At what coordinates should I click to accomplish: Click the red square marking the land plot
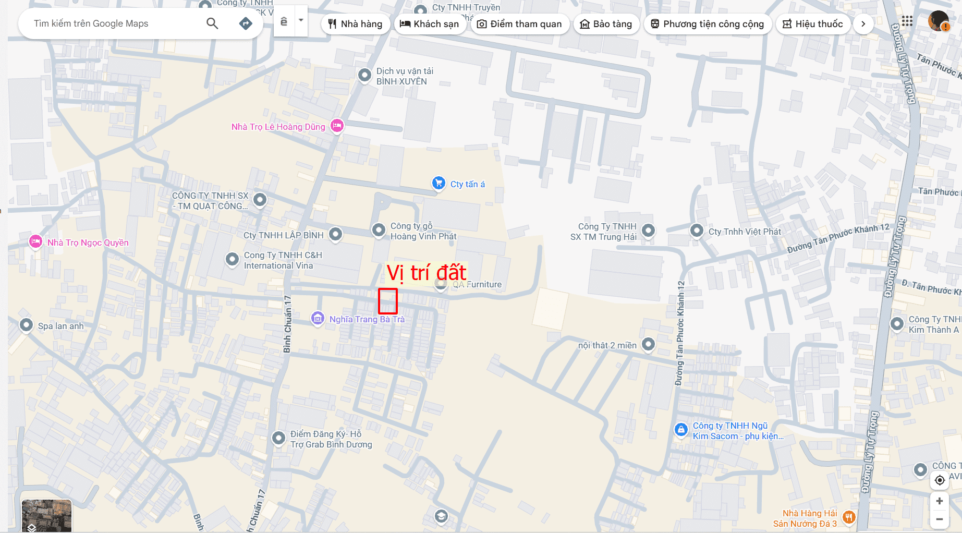tap(387, 301)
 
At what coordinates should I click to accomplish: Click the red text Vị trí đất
tap(426, 273)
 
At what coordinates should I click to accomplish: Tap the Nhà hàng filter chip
tap(356, 24)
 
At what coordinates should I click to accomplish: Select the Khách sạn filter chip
tap(430, 24)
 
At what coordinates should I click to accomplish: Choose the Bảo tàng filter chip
tap(606, 24)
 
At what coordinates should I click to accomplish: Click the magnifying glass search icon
tap(212, 23)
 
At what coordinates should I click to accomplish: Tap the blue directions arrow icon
tap(246, 23)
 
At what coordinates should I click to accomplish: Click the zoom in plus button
tap(939, 501)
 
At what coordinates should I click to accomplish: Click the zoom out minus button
tap(939, 519)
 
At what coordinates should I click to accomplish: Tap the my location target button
tap(940, 480)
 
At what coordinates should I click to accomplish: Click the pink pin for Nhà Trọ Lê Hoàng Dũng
tap(337, 126)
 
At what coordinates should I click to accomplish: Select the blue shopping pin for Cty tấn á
tap(439, 183)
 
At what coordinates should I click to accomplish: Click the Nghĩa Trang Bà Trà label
tap(367, 319)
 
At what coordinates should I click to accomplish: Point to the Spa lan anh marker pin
tap(26, 325)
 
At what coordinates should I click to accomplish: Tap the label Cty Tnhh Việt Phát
tap(745, 232)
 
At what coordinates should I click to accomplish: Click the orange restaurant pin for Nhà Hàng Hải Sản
tap(849, 517)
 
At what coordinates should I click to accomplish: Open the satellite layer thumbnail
tap(46, 515)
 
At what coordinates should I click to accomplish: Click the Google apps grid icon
tap(907, 21)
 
